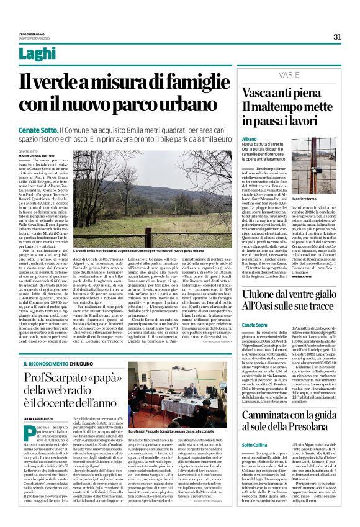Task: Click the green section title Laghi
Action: click(x=37, y=54)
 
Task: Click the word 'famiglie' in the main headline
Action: click(x=187, y=81)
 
